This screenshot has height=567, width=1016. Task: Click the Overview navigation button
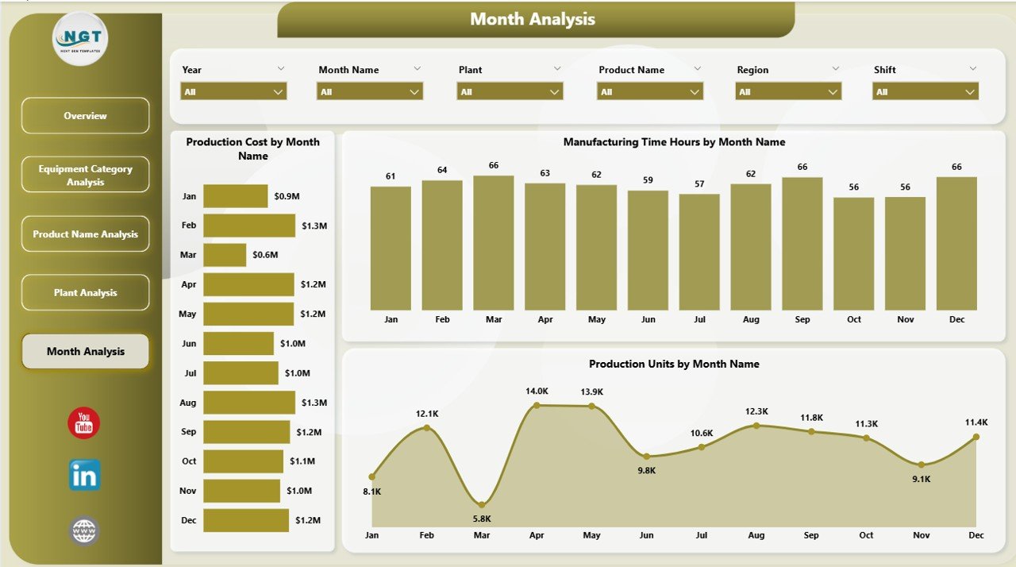(x=85, y=116)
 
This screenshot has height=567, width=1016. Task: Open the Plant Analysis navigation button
(x=85, y=293)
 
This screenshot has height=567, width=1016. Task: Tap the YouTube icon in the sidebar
(x=84, y=422)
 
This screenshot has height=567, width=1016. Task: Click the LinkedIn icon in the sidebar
(x=85, y=475)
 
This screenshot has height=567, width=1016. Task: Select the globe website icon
(x=84, y=530)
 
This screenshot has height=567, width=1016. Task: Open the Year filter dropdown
(x=233, y=92)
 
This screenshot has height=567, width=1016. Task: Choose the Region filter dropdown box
(x=788, y=92)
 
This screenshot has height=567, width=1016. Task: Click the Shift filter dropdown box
(x=926, y=92)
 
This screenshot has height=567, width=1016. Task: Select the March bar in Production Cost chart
(x=225, y=255)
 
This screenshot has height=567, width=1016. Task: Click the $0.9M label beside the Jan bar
(x=287, y=196)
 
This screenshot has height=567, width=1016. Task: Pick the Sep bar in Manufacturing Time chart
(x=802, y=243)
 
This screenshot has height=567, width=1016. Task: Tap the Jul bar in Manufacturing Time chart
(x=699, y=252)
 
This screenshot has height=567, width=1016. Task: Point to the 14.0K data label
(x=537, y=391)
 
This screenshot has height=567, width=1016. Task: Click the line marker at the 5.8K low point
(x=482, y=504)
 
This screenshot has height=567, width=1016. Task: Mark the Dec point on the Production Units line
(x=976, y=436)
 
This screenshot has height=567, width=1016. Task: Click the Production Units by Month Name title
(x=674, y=364)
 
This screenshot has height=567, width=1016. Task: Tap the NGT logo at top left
(x=79, y=38)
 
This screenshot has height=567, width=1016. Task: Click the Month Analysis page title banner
(x=533, y=19)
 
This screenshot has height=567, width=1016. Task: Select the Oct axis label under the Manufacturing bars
(x=854, y=319)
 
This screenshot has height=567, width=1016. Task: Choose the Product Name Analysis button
(x=85, y=234)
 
